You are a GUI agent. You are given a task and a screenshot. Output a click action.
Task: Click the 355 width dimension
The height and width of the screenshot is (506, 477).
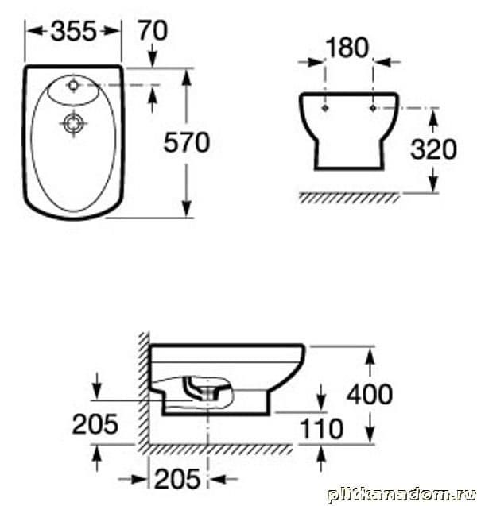[74, 31]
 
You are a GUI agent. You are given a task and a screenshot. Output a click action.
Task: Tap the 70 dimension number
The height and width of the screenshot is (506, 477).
[153, 31]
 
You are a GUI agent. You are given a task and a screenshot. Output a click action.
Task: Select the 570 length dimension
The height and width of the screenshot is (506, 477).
[187, 143]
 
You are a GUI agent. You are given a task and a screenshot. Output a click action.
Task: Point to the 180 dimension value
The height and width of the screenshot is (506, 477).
[347, 48]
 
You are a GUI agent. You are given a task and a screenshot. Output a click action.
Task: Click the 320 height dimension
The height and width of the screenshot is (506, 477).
[433, 149]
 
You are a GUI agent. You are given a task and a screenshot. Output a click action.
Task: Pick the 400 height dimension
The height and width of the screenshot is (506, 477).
[370, 394]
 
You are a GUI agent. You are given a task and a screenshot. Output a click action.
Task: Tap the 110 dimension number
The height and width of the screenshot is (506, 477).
[321, 429]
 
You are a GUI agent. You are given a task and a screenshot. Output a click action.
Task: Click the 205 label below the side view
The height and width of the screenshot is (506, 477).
[177, 479]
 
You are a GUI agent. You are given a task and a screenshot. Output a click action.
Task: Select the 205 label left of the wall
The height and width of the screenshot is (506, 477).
[95, 424]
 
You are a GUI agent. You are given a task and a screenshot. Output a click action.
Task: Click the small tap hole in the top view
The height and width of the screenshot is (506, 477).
[73, 85]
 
